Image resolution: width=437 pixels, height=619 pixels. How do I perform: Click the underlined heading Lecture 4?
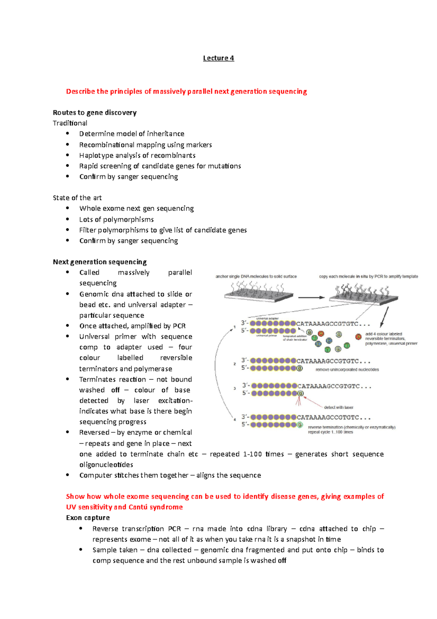(x=218, y=58)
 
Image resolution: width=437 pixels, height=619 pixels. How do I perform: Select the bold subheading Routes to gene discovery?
(x=94, y=112)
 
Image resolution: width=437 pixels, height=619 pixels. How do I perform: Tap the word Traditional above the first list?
(x=70, y=123)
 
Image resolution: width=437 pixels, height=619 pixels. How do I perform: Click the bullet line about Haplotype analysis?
(x=137, y=155)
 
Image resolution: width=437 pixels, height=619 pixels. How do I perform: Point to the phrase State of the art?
(x=77, y=198)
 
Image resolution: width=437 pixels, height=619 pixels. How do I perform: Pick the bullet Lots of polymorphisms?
(x=117, y=219)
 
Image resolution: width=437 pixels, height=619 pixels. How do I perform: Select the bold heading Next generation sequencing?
(x=99, y=262)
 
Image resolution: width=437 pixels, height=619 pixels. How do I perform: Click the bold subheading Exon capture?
(x=88, y=518)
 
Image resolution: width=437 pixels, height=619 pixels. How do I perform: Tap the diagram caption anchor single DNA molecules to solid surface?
(x=256, y=276)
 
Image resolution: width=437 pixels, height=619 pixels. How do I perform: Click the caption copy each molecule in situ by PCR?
(x=368, y=276)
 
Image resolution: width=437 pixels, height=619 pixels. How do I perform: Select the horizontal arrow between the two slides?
(x=311, y=297)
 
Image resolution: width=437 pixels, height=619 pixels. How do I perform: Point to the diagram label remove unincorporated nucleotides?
(x=347, y=370)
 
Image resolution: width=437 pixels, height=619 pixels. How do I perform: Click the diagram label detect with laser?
(x=338, y=407)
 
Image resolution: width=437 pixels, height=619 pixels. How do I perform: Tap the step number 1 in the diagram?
(x=235, y=327)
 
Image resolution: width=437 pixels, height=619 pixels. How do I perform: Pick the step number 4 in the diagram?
(x=235, y=420)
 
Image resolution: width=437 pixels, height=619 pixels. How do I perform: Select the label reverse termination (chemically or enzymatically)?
(x=351, y=427)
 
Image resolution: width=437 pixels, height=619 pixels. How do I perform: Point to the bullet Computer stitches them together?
(x=170, y=475)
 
